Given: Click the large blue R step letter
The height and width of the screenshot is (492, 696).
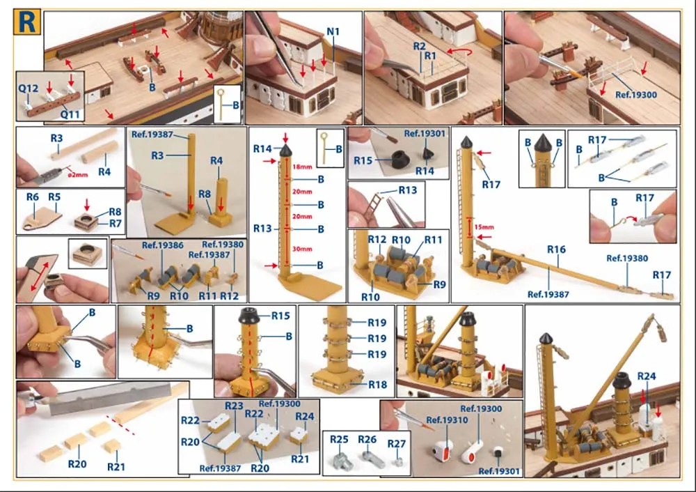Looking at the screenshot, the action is pos(26,22).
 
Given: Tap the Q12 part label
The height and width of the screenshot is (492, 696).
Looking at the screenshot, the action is pos(29,89).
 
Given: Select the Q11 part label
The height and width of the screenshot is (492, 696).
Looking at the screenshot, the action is pos(70,115).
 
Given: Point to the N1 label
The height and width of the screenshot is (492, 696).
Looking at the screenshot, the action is pos(333,31).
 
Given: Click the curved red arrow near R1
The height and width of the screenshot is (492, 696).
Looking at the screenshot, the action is pos(459,52).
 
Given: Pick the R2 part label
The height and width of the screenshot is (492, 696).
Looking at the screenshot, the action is pos(420,46).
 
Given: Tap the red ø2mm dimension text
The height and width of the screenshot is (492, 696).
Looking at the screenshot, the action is pos(78,175).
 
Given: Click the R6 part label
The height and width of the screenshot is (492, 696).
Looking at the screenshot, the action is pos(33,197).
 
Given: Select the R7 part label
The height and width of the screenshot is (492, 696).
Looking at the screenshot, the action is pos(116,223).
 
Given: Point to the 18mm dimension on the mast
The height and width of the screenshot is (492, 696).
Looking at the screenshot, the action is pos(302,167).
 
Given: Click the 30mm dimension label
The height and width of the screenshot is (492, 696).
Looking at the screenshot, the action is pos(302,249).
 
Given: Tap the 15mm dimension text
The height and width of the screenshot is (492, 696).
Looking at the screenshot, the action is pos(484,227).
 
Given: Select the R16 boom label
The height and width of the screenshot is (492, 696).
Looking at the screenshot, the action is pos(556,249).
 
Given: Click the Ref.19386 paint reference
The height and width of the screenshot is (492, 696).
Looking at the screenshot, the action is pos(162,245).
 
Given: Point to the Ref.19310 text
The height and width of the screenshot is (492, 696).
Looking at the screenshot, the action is pos(447,420).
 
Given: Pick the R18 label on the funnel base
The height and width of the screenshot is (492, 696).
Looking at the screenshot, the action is pos(378,385).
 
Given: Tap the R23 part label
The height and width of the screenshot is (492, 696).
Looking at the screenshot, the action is pos(234,406).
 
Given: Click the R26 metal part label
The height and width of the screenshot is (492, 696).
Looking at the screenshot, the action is pos(367,440).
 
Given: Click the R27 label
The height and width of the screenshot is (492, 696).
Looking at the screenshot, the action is pos(397,444).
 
